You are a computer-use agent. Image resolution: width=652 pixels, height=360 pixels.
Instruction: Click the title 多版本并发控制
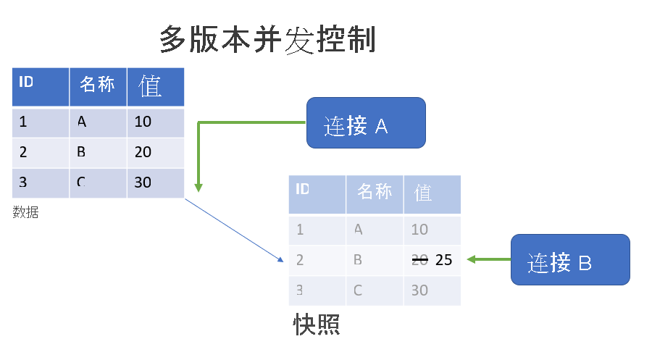(x=267, y=40)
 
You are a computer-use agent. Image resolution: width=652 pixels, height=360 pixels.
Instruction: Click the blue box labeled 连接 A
(x=365, y=123)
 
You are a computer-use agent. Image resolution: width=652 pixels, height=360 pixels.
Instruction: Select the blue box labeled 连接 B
(x=570, y=259)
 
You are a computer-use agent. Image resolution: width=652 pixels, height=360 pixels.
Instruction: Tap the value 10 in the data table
(x=143, y=122)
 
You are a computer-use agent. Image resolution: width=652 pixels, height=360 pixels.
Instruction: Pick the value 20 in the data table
(x=143, y=152)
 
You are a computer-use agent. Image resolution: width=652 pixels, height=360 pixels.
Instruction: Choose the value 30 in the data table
(x=143, y=183)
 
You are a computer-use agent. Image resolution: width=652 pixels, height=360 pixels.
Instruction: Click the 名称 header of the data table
(x=97, y=85)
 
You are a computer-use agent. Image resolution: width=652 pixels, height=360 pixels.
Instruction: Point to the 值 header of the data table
(x=150, y=86)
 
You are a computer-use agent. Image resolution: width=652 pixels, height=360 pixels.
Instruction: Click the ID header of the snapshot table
(x=302, y=190)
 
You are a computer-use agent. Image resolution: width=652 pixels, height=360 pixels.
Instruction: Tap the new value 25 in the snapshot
(x=443, y=260)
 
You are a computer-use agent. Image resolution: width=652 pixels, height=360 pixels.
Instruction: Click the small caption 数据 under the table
(x=25, y=212)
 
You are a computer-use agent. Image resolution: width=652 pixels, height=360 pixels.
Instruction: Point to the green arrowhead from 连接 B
(x=471, y=259)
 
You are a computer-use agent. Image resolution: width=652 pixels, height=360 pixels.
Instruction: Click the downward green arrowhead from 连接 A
(x=198, y=188)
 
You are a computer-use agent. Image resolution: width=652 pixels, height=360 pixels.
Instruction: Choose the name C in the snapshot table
(x=358, y=290)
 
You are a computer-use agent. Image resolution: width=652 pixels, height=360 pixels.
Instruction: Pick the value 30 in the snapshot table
(x=419, y=290)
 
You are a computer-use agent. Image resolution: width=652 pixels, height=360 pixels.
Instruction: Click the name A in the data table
(x=82, y=122)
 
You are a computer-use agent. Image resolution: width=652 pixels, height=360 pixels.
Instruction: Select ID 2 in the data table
(x=23, y=152)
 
